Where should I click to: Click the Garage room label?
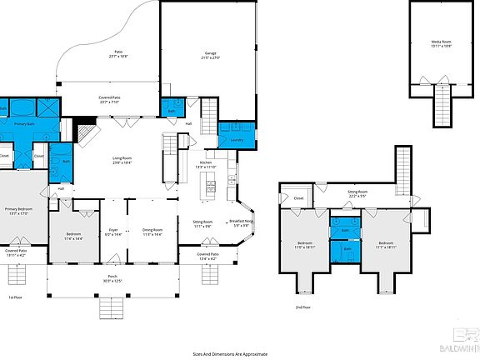coord(211,54)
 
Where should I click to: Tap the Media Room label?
coord(442,41)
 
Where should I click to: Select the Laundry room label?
coord(237,140)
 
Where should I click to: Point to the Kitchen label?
coord(206,162)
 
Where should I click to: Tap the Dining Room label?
coord(152,230)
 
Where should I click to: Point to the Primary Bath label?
coord(24,123)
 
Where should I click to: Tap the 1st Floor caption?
coord(16,297)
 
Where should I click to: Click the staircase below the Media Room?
coord(442,104)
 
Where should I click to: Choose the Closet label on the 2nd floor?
coord(298,198)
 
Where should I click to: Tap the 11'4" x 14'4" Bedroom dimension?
coord(73,239)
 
